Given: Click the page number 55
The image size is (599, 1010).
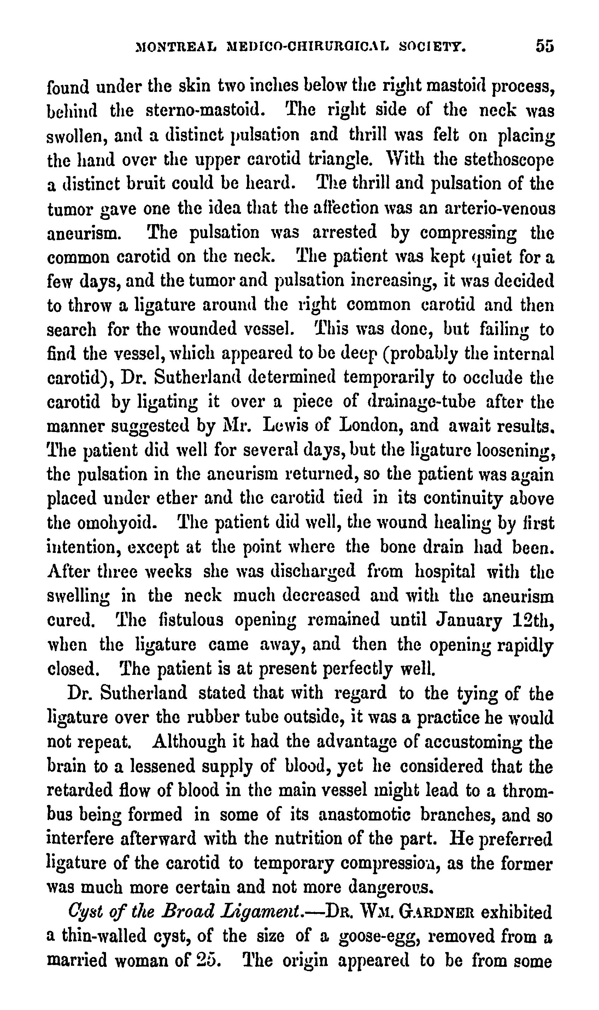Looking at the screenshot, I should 544,46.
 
